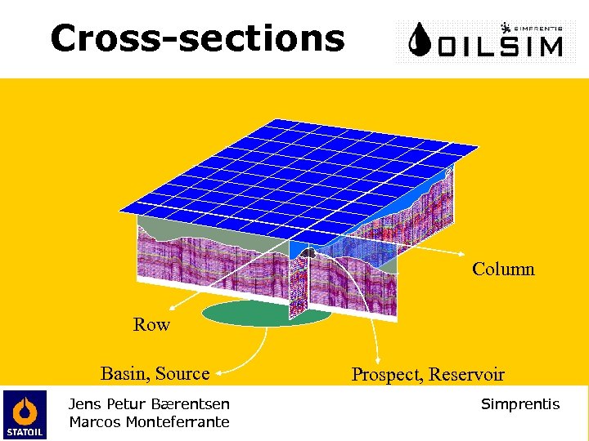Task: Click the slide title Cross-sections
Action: [197, 38]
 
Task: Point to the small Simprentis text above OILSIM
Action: [537, 27]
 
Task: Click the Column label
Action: [503, 269]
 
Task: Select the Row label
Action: [151, 325]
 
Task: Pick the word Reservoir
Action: [466, 375]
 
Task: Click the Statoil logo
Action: [25, 413]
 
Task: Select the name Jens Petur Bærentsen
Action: [149, 403]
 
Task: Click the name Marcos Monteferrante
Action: [149, 421]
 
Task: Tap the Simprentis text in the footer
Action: [520, 404]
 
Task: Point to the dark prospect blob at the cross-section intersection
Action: [308, 254]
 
